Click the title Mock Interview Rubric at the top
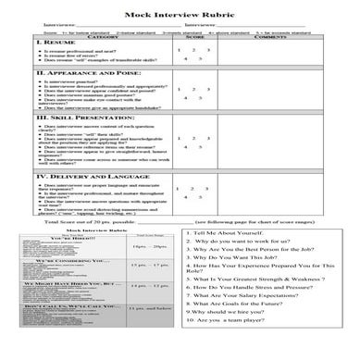pos(180,8)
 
